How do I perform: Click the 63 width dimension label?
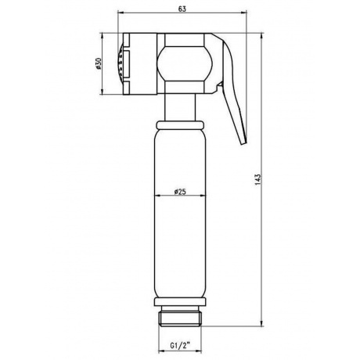[182, 9]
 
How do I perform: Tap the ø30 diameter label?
[99, 64]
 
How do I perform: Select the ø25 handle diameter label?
[180, 192]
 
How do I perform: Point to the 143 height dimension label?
[258, 179]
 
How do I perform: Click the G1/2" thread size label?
[180, 346]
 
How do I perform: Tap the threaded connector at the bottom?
[180, 316]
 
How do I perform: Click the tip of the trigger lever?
[243, 142]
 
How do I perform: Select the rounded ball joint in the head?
[185, 63]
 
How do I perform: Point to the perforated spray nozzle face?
[121, 64]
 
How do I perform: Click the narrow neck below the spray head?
[180, 107]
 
